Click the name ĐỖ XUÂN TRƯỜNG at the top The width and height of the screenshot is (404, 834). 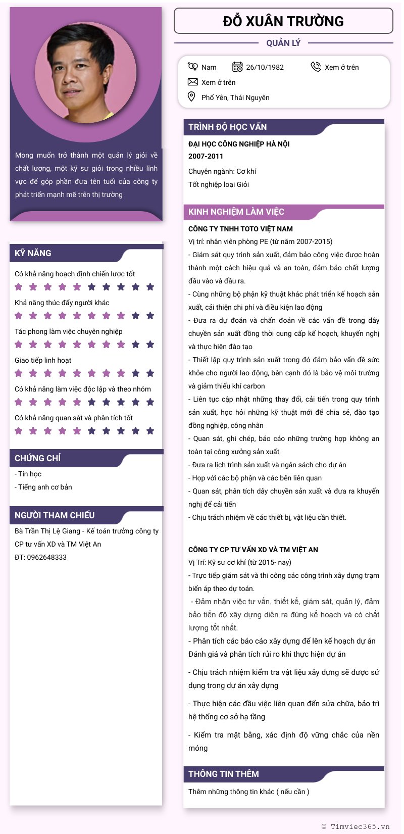pyautogui.click(x=283, y=21)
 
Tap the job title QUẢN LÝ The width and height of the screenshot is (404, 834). pyautogui.click(x=283, y=43)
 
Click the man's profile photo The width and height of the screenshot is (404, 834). pyautogui.click(x=86, y=73)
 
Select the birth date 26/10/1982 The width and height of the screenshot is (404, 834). pyautogui.click(x=265, y=67)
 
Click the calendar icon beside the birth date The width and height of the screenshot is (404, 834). pyautogui.click(x=237, y=67)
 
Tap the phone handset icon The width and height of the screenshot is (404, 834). pyautogui.click(x=316, y=67)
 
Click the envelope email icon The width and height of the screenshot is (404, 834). pyautogui.click(x=192, y=82)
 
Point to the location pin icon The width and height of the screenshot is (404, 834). pyautogui.click(x=191, y=96)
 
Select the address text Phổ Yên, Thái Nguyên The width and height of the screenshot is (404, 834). pyautogui.click(x=235, y=97)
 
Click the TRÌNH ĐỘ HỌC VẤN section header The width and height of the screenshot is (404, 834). pyautogui.click(x=228, y=127)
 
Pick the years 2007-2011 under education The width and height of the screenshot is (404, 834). pyautogui.click(x=206, y=156)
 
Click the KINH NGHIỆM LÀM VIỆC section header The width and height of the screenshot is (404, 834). pyautogui.click(x=236, y=212)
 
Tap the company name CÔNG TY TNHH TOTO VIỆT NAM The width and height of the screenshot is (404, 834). pyautogui.click(x=240, y=229)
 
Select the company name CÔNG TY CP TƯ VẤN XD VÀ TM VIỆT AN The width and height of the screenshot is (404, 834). pyautogui.click(x=253, y=550)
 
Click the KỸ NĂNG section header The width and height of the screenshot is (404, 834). pyautogui.click(x=33, y=253)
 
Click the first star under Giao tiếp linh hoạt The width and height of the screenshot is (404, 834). pyautogui.click(x=19, y=373)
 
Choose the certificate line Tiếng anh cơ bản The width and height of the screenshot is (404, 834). pyautogui.click(x=45, y=487)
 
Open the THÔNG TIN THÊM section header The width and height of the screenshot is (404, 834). pyautogui.click(x=224, y=774)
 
